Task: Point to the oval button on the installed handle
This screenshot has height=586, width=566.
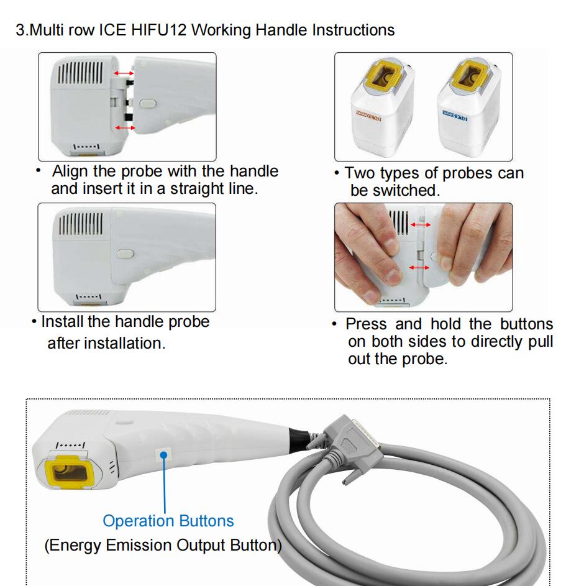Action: pyautogui.click(x=124, y=254)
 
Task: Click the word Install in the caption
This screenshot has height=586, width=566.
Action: pyautogui.click(x=62, y=322)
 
